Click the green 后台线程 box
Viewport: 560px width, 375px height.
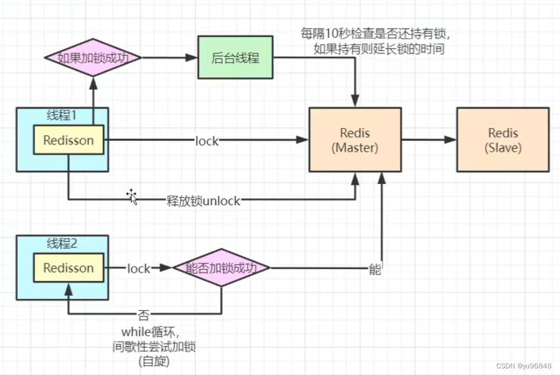pos(235,57)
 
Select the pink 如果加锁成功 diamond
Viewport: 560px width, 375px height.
pos(92,57)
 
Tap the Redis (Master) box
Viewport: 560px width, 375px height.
pos(355,140)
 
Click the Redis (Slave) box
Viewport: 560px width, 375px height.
pos(503,140)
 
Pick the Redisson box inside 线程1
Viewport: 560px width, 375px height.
pos(69,140)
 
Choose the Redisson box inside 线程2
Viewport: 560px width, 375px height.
pos(69,268)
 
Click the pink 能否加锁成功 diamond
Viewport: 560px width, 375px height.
pos(221,268)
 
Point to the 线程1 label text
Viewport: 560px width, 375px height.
pos(62,116)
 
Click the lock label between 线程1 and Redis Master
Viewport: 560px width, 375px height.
pos(207,141)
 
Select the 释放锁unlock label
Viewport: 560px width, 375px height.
pos(203,200)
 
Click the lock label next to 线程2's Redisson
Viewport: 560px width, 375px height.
pos(138,268)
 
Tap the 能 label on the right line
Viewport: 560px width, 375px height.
pos(375,270)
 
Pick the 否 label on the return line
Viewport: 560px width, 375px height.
pos(143,315)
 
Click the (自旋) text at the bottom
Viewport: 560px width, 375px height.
pos(154,362)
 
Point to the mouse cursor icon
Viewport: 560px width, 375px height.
pos(132,196)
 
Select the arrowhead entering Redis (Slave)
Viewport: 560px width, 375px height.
pos(451,140)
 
